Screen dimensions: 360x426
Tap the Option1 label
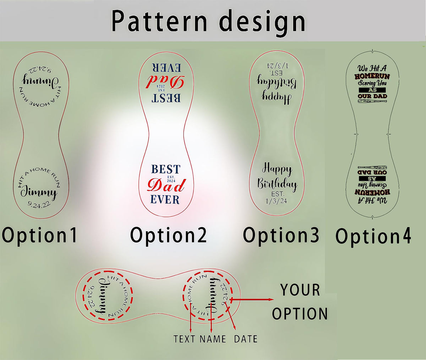pos(39,235)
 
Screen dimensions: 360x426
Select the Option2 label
pos(168,235)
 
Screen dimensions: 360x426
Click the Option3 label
pos(281,235)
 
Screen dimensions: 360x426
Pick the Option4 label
pos(373,236)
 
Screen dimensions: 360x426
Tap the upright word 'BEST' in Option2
pos(166,169)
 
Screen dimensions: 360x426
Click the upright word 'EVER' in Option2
pos(165,199)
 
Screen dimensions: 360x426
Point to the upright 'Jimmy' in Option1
pos(38,192)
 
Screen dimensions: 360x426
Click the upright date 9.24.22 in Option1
pos(39,204)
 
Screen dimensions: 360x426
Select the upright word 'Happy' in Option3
pos(277,169)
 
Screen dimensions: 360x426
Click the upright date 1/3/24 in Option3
pos(276,201)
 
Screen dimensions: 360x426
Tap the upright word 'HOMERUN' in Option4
pos(372,76)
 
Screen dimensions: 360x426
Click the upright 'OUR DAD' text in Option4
pos(372,96)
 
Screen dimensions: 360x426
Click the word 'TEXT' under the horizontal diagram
pos(185,339)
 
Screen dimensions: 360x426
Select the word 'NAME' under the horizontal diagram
pos(212,339)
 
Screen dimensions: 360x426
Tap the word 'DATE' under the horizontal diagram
pos(246,339)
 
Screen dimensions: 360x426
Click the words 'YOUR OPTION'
pos(300,302)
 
